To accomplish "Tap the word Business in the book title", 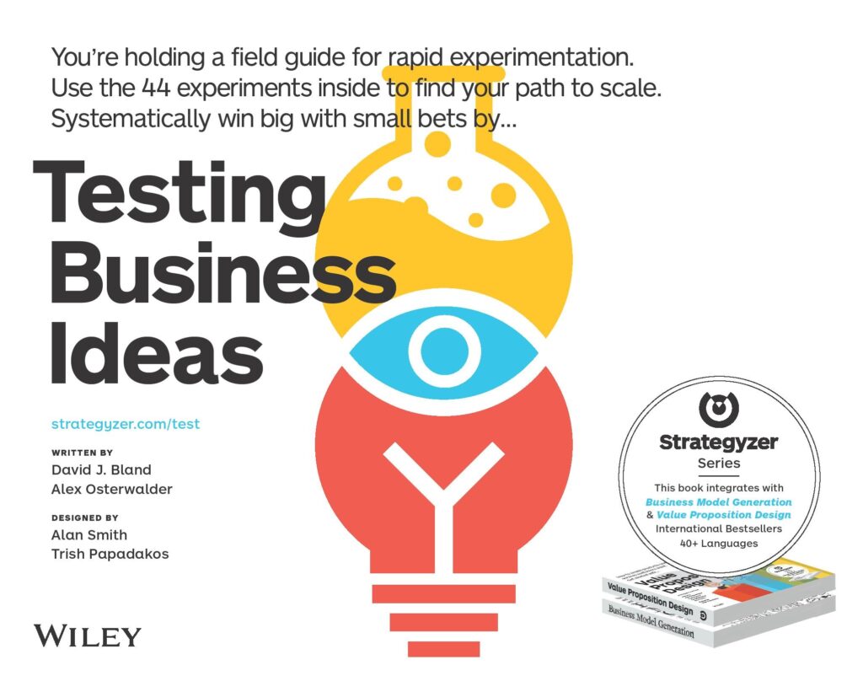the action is (x=222, y=273).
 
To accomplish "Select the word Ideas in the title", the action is (x=157, y=352).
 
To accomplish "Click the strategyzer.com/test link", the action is (x=126, y=424).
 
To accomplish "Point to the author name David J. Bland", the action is (x=101, y=469).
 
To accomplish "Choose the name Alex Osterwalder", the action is (x=112, y=489).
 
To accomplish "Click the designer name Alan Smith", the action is (x=89, y=534).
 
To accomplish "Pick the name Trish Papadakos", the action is (x=110, y=554).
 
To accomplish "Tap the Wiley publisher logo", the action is (x=88, y=636).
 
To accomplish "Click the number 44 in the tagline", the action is (x=156, y=88).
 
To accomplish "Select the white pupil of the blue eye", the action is (x=444, y=351).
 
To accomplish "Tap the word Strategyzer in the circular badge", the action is (x=719, y=442).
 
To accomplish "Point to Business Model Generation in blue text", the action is (x=719, y=502).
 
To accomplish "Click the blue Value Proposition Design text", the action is (x=724, y=515).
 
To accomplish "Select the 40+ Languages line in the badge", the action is (x=719, y=544).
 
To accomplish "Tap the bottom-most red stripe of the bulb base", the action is (x=443, y=648).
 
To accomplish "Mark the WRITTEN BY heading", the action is (x=82, y=453).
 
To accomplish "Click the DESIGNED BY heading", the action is (x=85, y=517).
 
